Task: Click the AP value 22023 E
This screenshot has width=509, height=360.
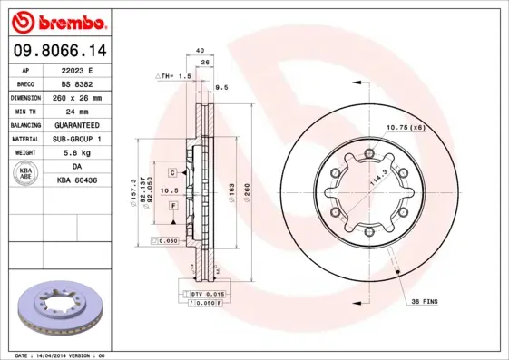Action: pos(78,69)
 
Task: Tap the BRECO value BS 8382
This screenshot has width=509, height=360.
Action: pos(78,83)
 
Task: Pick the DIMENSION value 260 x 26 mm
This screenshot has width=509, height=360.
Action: pos(78,96)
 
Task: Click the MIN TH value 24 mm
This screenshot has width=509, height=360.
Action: pos(78,110)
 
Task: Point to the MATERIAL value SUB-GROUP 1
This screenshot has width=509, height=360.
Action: pos(78,138)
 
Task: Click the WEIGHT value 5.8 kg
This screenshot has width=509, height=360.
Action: pos(78,152)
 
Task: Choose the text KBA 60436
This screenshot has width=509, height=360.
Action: pos(78,181)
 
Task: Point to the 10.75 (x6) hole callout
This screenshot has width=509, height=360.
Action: pos(406,127)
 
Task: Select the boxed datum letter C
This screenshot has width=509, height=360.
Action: pos(171,171)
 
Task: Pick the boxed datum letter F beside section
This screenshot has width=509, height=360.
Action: pos(171,207)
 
